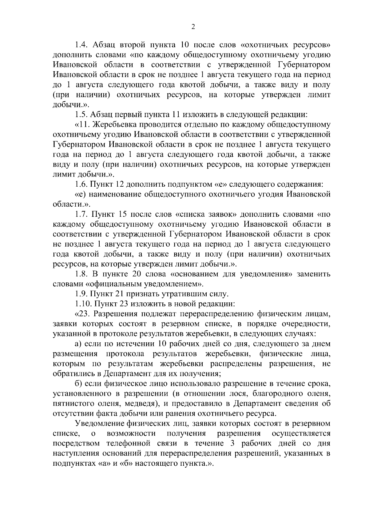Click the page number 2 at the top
click(x=193, y=27)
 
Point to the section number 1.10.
click(x=83, y=304)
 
